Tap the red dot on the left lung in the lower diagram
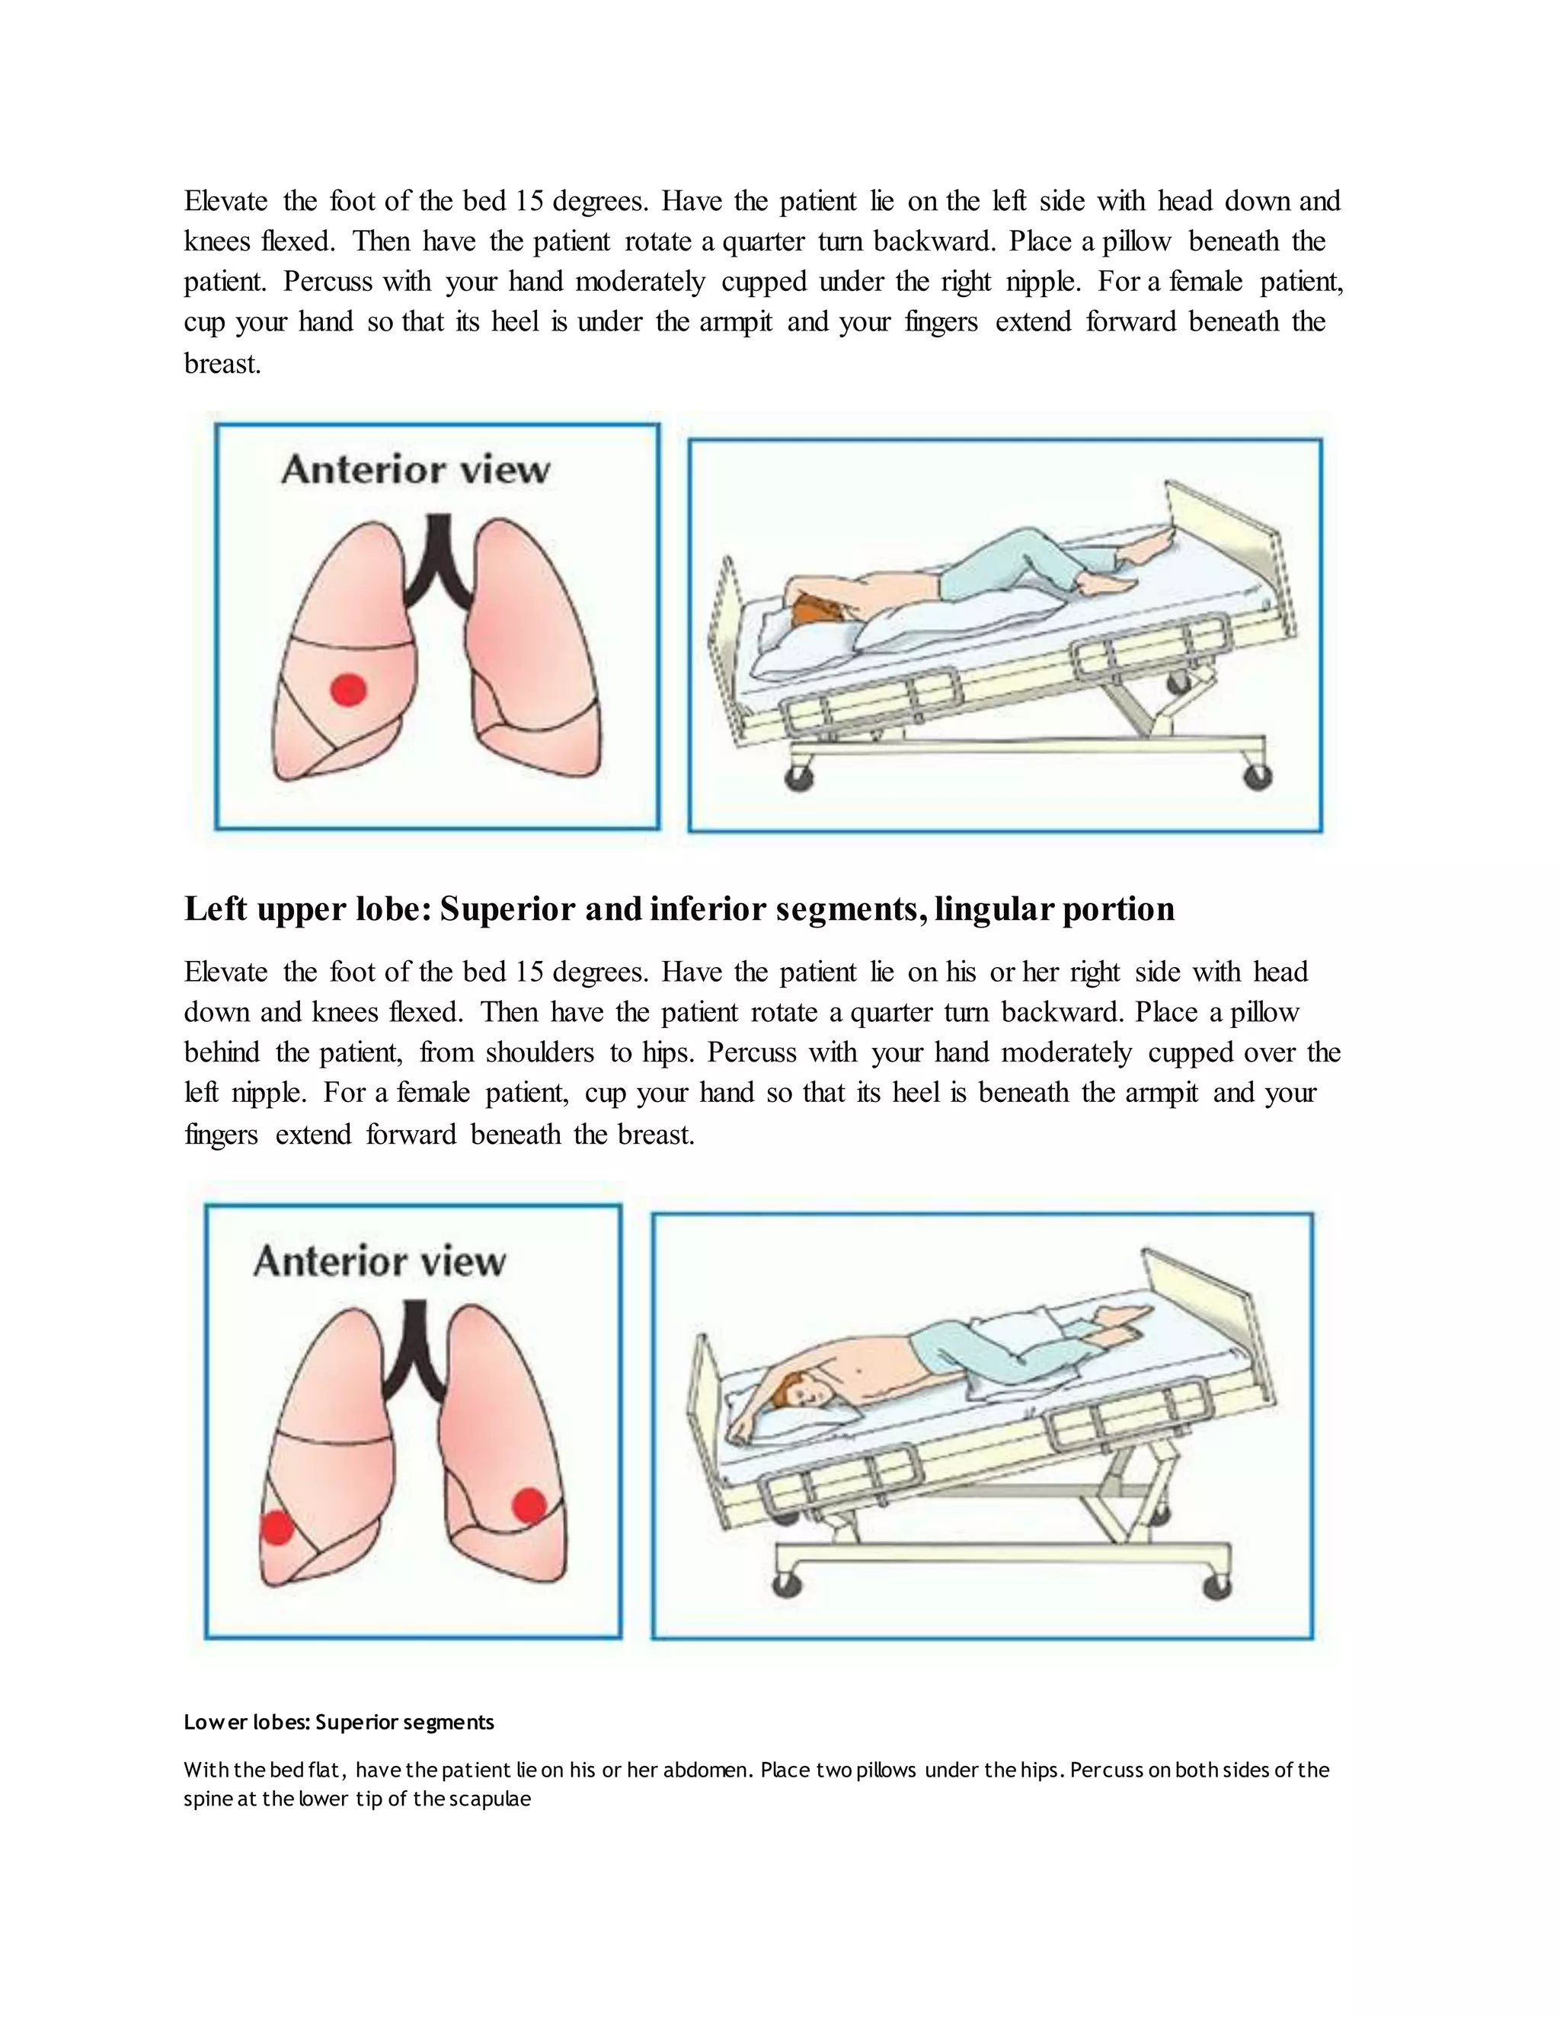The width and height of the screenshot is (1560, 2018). [277, 1528]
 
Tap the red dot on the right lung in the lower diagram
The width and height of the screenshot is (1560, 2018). [529, 1506]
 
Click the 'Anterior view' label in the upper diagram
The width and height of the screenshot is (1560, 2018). [416, 469]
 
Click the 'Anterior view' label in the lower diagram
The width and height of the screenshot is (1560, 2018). [380, 1260]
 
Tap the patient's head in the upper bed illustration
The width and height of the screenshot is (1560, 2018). [818, 611]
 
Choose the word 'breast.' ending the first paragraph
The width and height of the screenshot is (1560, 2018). [222, 364]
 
